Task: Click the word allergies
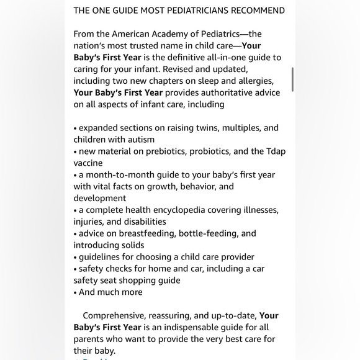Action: (251, 81)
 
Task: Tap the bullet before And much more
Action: (75, 292)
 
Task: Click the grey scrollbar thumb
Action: (292, 79)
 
